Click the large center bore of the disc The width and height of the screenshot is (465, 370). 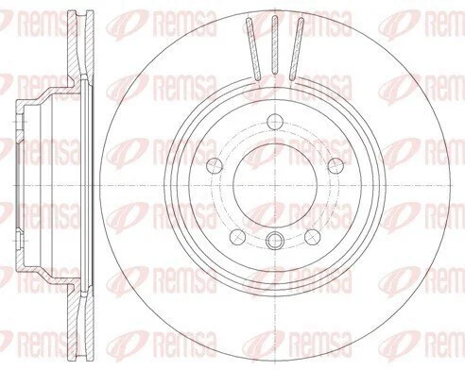(275, 186)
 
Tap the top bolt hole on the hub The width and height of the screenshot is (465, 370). (275, 122)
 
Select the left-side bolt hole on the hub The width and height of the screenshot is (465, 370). (215, 165)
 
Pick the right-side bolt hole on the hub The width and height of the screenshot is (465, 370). (336, 165)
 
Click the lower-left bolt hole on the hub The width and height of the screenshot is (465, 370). (238, 237)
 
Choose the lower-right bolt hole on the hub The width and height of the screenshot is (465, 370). (312, 237)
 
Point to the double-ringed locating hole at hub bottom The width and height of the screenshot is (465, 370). (275, 241)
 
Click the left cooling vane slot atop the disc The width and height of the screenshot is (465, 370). (253, 48)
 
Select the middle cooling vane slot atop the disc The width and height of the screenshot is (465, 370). (275, 45)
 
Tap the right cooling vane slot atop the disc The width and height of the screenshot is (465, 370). (297, 48)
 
